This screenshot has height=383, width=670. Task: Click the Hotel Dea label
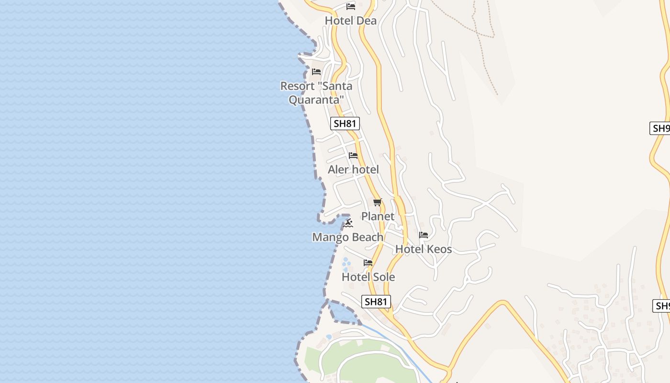[350, 21]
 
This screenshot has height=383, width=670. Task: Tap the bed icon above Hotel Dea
[351, 7]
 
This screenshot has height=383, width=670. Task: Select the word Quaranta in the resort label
[316, 100]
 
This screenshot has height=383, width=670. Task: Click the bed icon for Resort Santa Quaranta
[316, 72]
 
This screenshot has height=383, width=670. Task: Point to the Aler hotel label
[353, 169]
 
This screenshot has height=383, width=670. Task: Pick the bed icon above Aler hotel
[353, 156]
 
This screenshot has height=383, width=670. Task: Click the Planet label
[378, 216]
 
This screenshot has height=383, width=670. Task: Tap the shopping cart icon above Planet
[378, 202]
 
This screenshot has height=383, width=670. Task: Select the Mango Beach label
[347, 237]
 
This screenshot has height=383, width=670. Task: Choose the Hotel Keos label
[423, 249]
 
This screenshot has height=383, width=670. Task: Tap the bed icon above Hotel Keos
[424, 235]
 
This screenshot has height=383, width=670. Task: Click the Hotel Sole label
[368, 277]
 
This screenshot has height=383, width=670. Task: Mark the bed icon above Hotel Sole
[368, 263]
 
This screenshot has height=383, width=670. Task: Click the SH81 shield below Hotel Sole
[376, 302]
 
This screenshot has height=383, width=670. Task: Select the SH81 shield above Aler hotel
[345, 124]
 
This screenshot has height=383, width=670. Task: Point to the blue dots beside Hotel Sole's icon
[346, 263]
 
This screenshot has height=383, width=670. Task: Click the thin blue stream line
[402, 349]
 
